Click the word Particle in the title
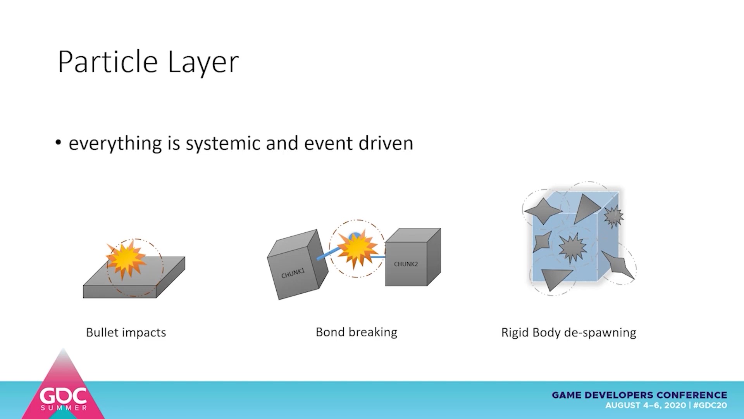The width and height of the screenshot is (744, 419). tap(108, 62)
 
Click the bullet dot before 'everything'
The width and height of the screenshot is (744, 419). tap(59, 143)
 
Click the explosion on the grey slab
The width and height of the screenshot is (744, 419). tap(126, 259)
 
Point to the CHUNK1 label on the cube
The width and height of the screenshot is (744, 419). tap(293, 273)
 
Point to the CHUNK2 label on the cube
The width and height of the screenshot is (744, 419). tap(406, 264)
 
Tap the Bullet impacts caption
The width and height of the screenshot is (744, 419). tap(126, 332)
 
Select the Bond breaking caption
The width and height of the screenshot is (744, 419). tap(356, 332)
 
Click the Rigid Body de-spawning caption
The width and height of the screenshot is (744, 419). tap(568, 332)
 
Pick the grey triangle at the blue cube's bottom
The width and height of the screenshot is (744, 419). tap(555, 279)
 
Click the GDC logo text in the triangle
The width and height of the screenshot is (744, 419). tap(64, 396)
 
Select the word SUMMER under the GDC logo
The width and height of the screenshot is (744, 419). tap(64, 408)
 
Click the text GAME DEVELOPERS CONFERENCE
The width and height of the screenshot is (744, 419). tap(639, 395)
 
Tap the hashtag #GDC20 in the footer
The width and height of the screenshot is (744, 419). tap(710, 405)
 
